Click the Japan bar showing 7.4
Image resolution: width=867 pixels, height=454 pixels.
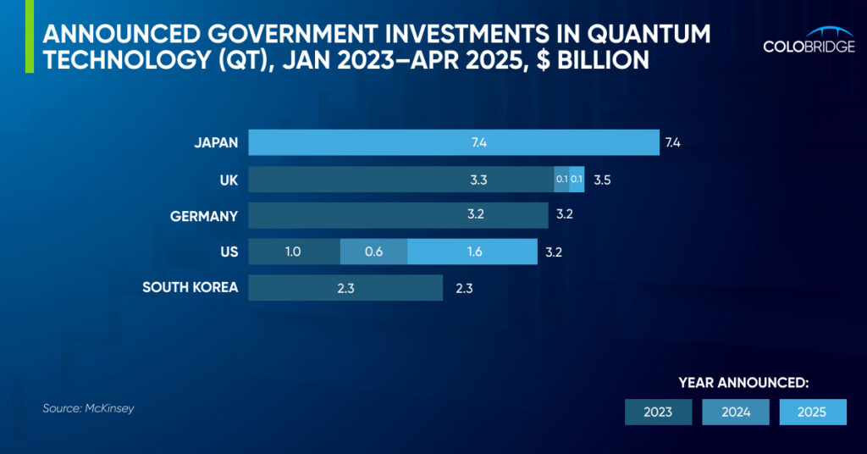[453, 142]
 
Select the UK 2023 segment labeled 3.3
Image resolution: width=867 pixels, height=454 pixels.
[400, 180]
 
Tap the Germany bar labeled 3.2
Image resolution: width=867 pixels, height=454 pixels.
[398, 215]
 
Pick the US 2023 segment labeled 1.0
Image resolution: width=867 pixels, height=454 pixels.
[294, 252]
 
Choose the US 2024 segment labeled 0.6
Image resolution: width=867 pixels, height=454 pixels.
[373, 252]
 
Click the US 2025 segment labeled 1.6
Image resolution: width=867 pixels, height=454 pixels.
[472, 252]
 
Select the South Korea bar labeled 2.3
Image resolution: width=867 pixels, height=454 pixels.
[345, 288]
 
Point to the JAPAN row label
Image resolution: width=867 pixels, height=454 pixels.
[216, 143]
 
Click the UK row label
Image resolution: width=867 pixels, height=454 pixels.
[228, 180]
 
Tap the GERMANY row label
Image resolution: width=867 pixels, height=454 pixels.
[204, 216]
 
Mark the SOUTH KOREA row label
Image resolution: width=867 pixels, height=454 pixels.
[191, 288]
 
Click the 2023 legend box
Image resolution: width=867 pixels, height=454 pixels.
[658, 412]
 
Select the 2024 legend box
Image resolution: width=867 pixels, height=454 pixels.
[735, 412]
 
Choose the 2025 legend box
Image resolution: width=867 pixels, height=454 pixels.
[812, 412]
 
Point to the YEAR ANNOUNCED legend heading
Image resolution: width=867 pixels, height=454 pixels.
[743, 383]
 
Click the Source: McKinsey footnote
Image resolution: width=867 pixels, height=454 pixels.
[88, 408]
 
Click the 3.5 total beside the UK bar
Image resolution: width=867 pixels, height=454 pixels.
[602, 180]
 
